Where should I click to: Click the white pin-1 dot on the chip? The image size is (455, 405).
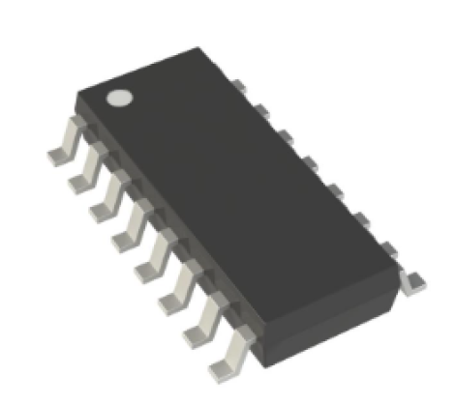(x=119, y=98)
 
